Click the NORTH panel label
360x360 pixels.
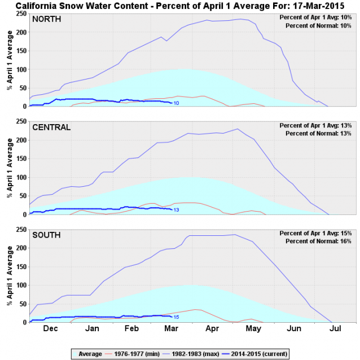(46, 19)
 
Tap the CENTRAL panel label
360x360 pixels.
(51, 128)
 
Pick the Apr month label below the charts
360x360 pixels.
(212, 328)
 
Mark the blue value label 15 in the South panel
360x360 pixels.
(176, 318)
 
